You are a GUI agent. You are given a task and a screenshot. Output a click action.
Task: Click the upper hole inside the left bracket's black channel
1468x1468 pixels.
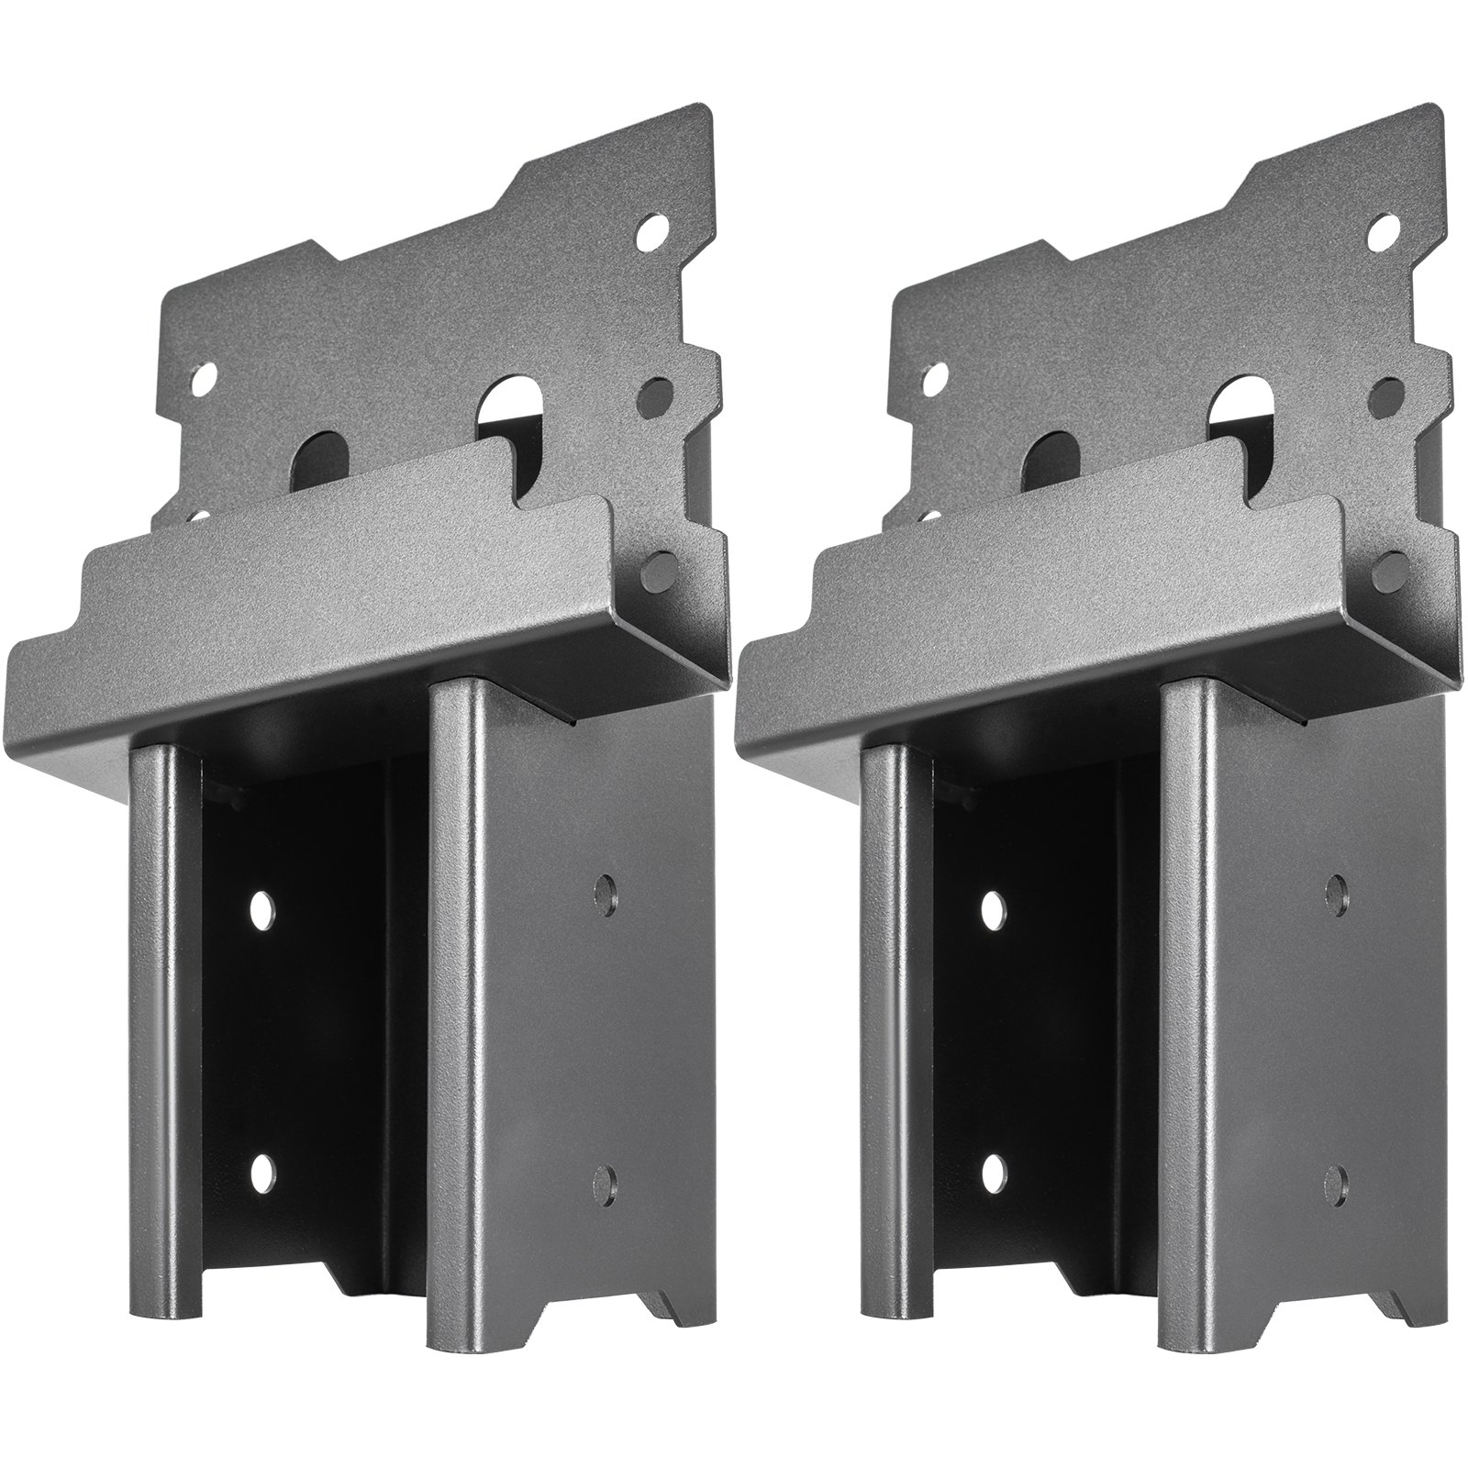point(263,909)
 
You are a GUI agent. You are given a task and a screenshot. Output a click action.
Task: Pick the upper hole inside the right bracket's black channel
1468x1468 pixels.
point(994,909)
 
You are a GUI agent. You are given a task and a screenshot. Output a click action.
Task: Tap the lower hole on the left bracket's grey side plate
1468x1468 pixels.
point(605,1177)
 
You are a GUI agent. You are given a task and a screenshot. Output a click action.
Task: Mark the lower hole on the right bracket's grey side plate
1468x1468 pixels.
point(1336,1177)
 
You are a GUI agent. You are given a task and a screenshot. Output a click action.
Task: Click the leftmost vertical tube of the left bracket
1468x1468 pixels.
point(164,1055)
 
